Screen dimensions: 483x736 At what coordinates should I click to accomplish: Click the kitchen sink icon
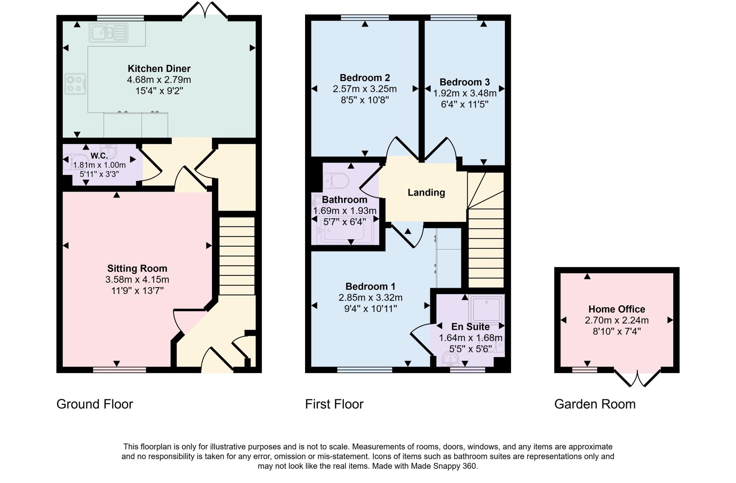(x=109, y=33)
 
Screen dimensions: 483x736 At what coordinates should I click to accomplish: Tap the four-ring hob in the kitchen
(x=75, y=84)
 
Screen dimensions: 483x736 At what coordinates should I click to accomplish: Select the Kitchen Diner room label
(x=159, y=68)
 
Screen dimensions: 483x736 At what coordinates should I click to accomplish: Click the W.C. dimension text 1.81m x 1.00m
(x=99, y=165)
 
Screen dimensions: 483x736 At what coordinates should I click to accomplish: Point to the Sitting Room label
(x=137, y=268)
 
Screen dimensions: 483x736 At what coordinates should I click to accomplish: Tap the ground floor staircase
(x=237, y=255)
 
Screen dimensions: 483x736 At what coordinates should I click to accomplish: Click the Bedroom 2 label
(x=364, y=78)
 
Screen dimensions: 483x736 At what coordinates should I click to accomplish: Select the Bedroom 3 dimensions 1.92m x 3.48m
(x=464, y=94)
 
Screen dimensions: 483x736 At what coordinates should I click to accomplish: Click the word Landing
(x=426, y=193)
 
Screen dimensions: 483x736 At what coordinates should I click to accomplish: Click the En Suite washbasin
(x=449, y=359)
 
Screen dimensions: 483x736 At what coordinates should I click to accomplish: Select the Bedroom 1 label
(x=370, y=286)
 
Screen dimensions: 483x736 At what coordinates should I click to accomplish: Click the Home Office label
(x=616, y=309)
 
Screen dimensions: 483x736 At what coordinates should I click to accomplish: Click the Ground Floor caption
(x=95, y=404)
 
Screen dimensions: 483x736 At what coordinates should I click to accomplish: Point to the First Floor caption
(x=334, y=404)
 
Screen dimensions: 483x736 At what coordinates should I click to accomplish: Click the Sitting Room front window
(x=119, y=369)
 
